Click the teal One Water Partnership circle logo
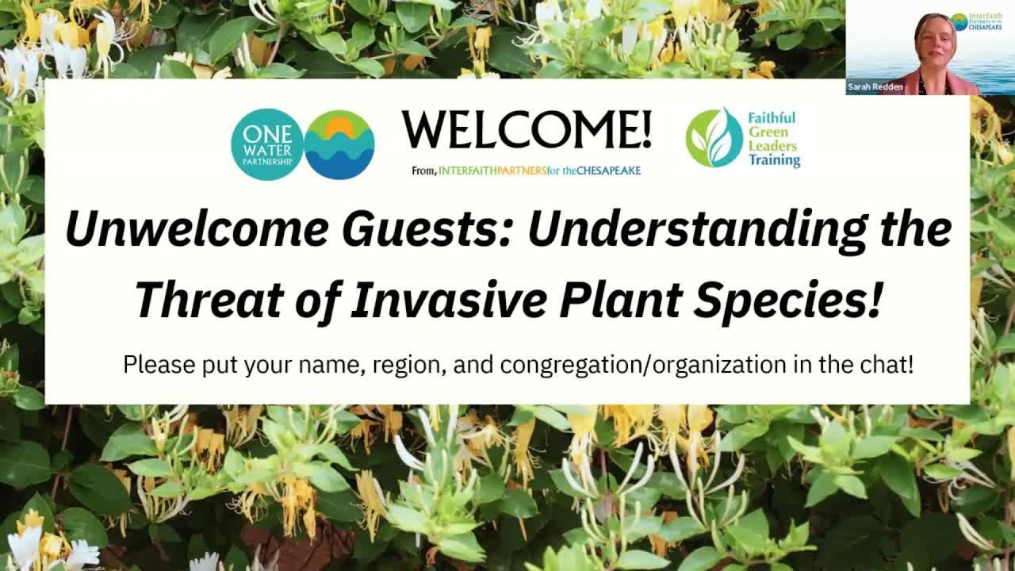point(267,144)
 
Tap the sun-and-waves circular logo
point(339,144)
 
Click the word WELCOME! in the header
point(527,130)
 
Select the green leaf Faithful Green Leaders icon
point(714,138)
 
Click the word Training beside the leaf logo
point(774,160)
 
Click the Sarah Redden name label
point(875,87)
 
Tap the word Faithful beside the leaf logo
point(772,117)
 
